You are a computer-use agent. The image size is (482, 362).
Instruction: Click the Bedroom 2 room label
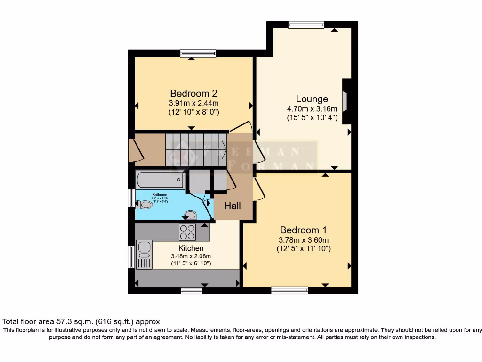pyautogui.click(x=193, y=93)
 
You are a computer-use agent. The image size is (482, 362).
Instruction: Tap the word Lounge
pyautogui.click(x=312, y=99)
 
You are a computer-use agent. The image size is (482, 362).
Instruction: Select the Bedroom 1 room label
pyautogui.click(x=303, y=230)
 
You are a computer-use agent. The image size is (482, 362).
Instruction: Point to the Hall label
pyautogui.click(x=233, y=206)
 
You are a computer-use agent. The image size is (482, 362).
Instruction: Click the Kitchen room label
pyautogui.click(x=191, y=248)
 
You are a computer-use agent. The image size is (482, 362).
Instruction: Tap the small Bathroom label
pyautogui.click(x=160, y=194)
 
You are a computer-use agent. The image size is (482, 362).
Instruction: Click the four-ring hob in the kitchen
pyautogui.click(x=187, y=231)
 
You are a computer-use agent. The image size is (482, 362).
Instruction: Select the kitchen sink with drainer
pyautogui.click(x=144, y=254)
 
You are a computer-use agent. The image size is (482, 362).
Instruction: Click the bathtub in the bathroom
pyautogui.click(x=160, y=179)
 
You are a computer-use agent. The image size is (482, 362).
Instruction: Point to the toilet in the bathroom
pyautogui.click(x=145, y=205)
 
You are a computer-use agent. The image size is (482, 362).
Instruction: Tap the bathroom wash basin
pyautogui.click(x=191, y=215)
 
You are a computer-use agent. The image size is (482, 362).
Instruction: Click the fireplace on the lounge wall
pyautogui.click(x=345, y=101)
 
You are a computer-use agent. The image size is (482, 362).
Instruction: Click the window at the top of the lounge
pyautogui.click(x=306, y=25)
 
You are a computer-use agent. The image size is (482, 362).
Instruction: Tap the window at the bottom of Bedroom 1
pyautogui.click(x=289, y=290)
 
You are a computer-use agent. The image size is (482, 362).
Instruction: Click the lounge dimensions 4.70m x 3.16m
pyautogui.click(x=312, y=109)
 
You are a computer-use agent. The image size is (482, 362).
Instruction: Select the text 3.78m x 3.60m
pyautogui.click(x=303, y=239)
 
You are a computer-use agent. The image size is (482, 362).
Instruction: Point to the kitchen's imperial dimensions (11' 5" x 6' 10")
pyautogui.click(x=191, y=263)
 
